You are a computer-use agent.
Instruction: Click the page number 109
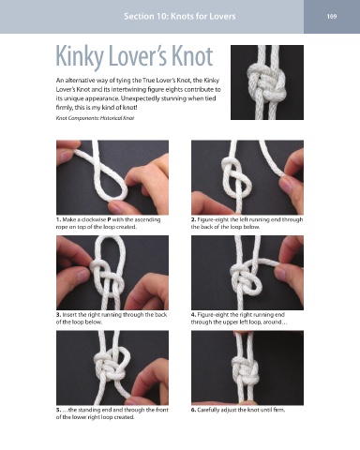332,16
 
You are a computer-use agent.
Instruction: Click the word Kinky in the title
80,57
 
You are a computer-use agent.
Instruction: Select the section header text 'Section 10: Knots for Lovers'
180,16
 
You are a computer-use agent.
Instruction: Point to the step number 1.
58,219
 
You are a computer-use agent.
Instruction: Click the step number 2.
193,219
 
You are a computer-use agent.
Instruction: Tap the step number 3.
58,315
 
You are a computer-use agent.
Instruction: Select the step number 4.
193,315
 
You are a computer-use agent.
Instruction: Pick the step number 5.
58,410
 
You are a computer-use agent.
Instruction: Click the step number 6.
193,410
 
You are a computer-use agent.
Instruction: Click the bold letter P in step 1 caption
109,219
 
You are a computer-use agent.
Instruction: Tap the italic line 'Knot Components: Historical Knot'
95,118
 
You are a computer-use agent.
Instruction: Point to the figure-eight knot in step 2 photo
236,176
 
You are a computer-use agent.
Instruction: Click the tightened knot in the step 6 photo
246,371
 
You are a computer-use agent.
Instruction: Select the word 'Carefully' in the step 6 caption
208,410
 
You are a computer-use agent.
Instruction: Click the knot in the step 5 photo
111,365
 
